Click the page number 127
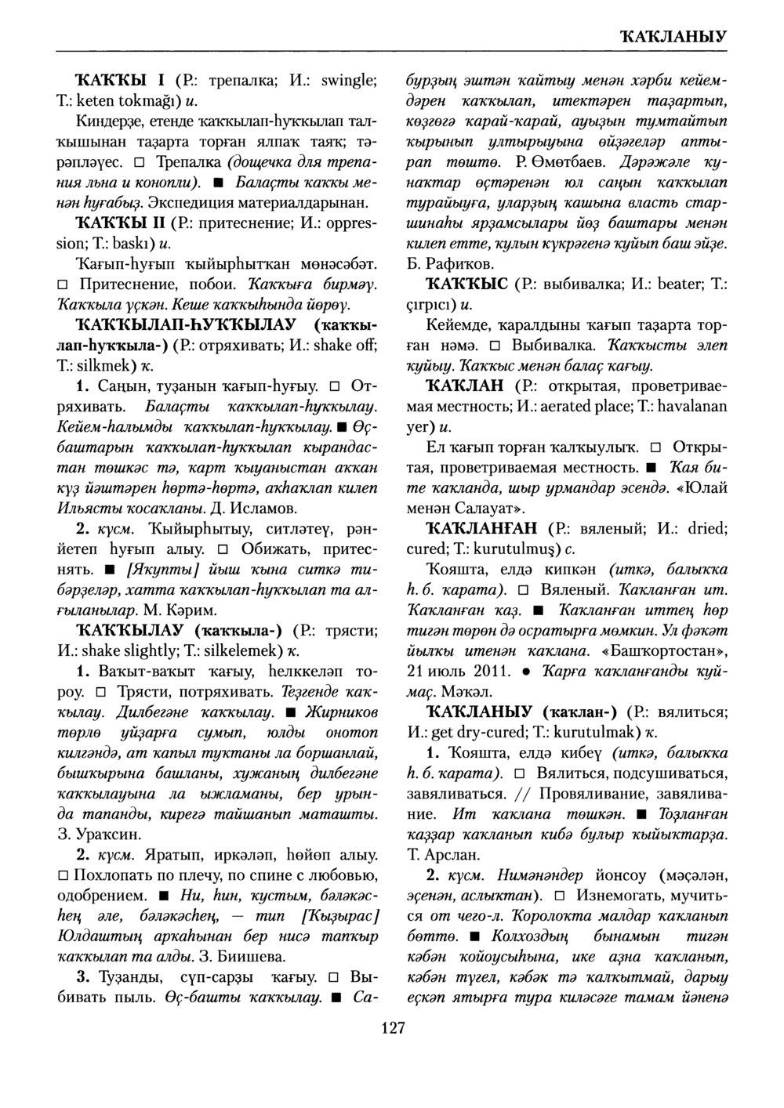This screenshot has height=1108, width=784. point(391,1028)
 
